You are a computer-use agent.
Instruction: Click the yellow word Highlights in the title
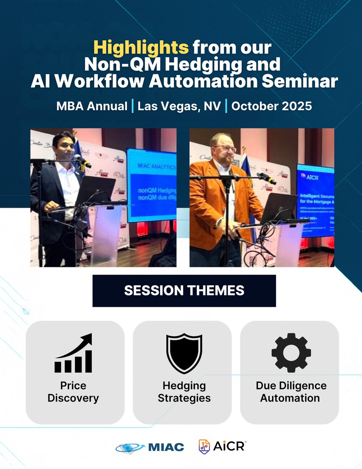click(141, 48)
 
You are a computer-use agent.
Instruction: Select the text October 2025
click(272, 106)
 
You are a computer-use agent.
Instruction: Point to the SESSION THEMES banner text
click(184, 290)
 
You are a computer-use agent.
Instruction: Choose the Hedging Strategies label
click(184, 392)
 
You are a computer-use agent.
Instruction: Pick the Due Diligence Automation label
click(291, 392)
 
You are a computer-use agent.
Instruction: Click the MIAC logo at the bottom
click(150, 447)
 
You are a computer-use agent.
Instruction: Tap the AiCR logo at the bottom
click(222, 446)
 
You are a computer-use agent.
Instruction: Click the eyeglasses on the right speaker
click(226, 149)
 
